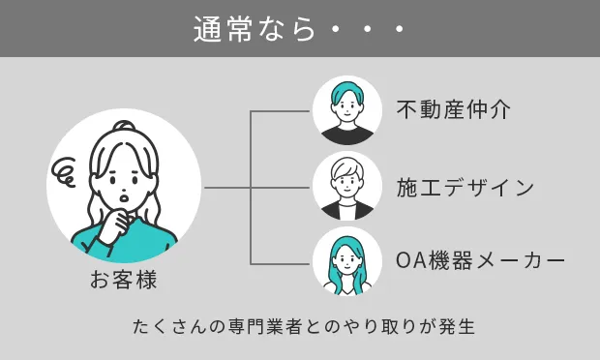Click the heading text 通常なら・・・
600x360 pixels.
click(299, 29)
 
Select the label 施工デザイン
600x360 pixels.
click(465, 187)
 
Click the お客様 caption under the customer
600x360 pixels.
click(124, 282)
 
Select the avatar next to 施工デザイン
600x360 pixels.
click(347, 187)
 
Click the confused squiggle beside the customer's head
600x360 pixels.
click(67, 174)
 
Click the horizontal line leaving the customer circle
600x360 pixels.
click(227, 187)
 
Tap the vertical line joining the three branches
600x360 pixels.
click(252, 187)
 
